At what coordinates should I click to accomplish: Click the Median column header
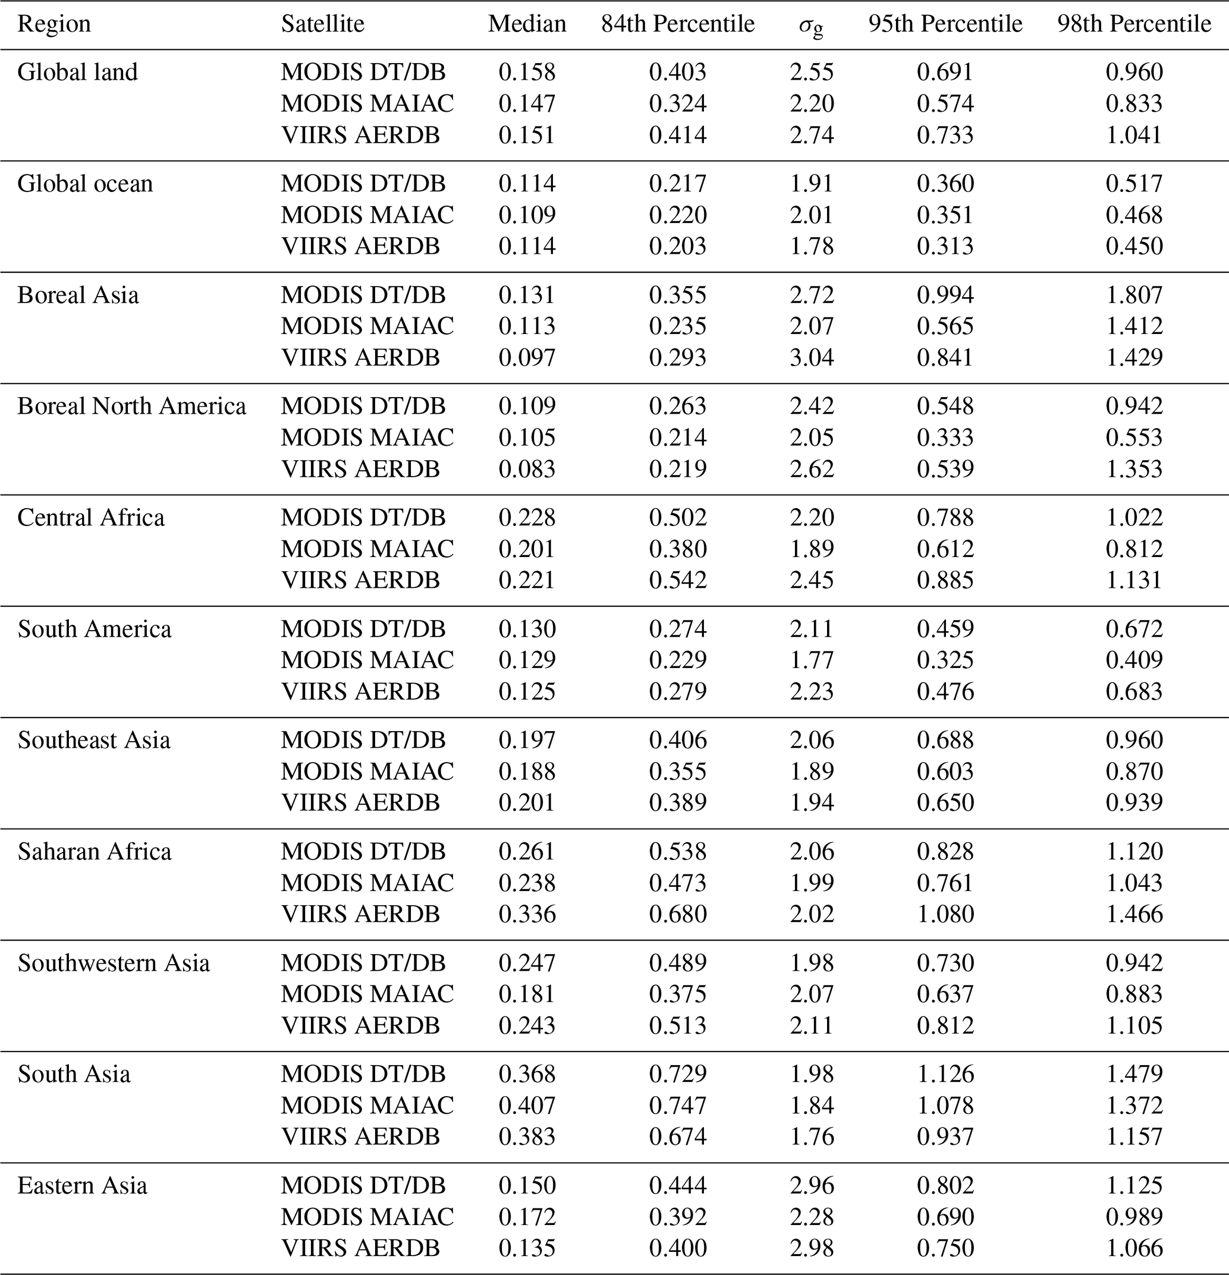click(527, 24)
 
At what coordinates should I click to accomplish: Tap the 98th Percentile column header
click(1133, 24)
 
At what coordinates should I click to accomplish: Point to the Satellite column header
click(322, 24)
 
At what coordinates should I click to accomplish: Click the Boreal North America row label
click(131, 406)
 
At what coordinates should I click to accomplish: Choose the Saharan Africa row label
click(95, 852)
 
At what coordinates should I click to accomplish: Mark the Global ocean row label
click(84, 184)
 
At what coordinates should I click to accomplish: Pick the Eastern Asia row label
click(82, 1185)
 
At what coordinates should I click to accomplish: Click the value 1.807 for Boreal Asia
click(1134, 295)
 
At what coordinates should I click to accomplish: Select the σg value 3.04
click(812, 357)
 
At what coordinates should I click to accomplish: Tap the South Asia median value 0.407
click(527, 1105)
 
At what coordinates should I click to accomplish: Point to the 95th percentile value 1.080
click(945, 914)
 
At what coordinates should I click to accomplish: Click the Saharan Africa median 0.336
click(527, 914)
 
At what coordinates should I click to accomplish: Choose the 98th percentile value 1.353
click(1134, 469)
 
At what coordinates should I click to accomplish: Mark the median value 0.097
click(527, 357)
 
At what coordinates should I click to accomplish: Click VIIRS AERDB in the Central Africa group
click(360, 580)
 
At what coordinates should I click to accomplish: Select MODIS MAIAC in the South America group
click(367, 660)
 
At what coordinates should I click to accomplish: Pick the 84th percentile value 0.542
click(677, 580)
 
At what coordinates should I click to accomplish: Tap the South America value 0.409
click(1134, 660)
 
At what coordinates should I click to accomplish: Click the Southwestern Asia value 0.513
click(677, 1025)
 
